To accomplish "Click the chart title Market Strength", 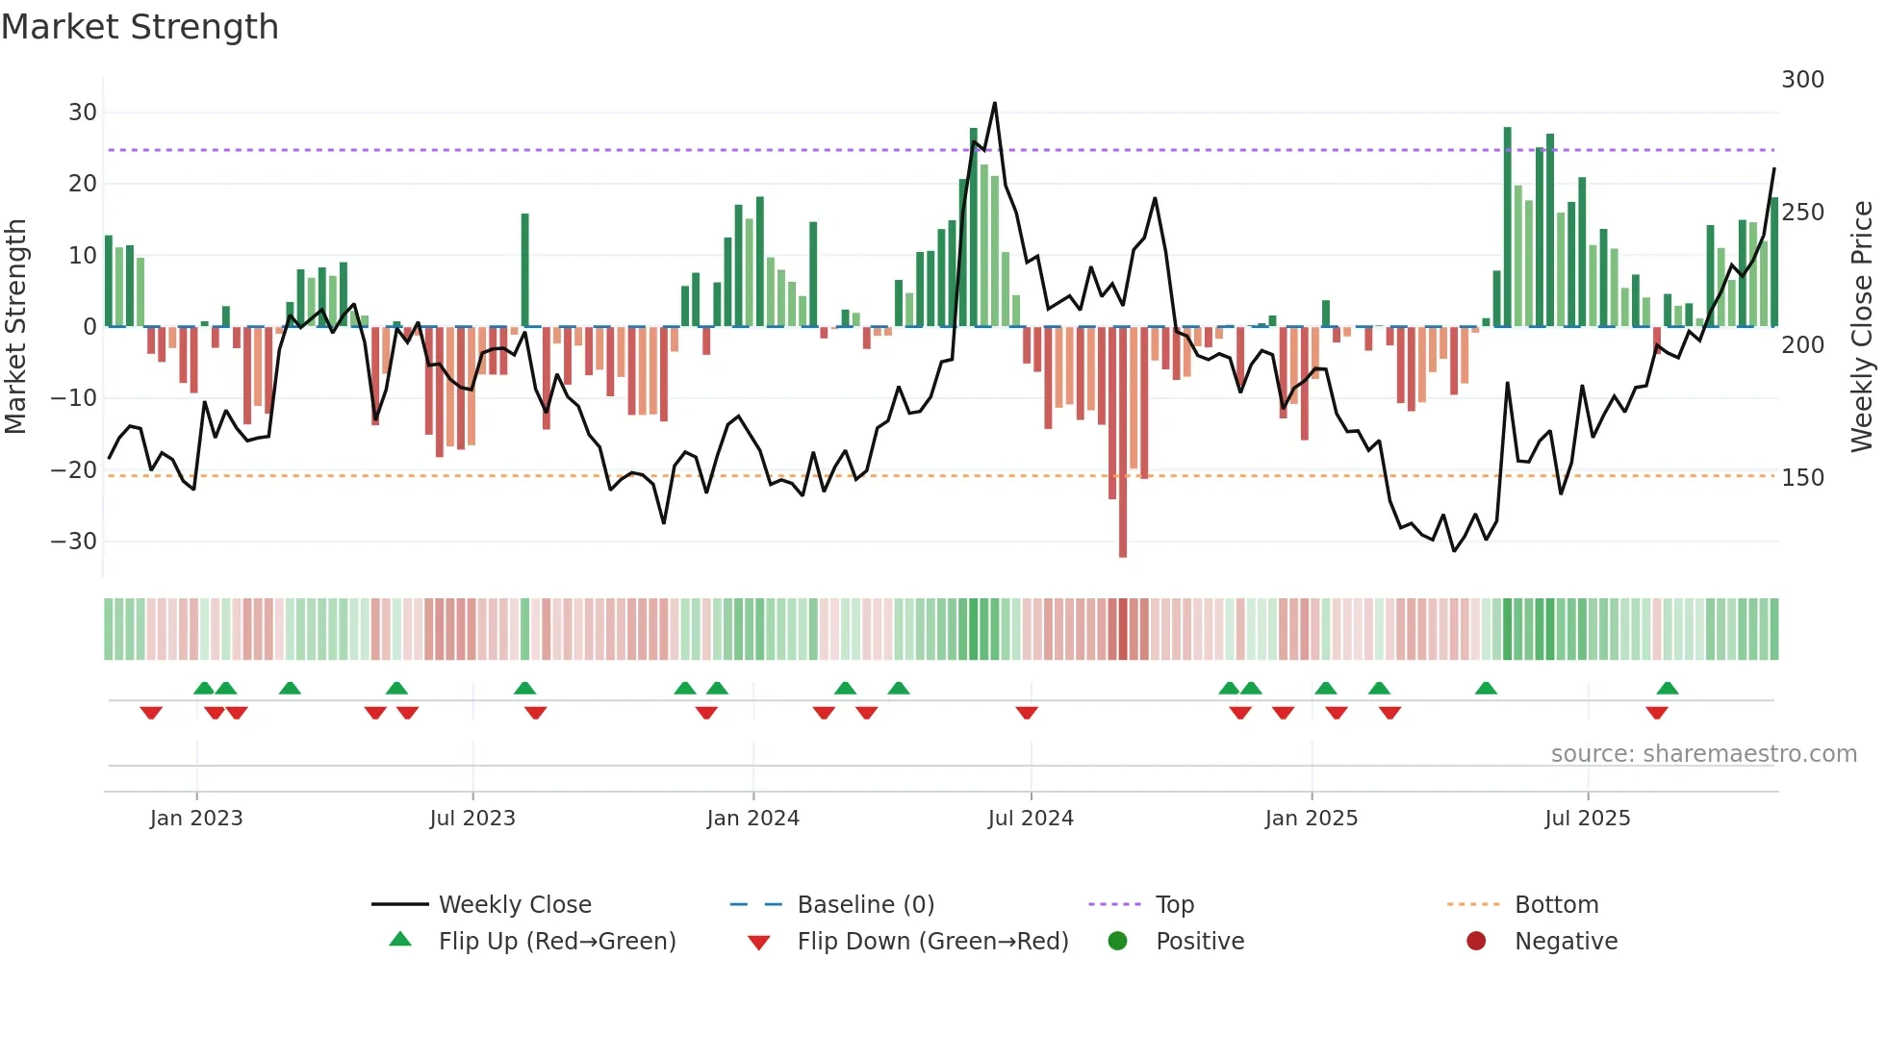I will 140,27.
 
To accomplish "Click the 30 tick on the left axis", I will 82,112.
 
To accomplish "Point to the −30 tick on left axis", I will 74,541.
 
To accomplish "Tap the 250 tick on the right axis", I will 1802,212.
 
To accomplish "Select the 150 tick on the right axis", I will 1802,477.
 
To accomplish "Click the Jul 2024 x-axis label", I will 1031,818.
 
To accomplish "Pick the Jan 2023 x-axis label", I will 196,818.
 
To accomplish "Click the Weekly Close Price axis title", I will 1862,327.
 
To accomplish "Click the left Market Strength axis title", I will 15,327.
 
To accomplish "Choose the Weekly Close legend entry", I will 514,904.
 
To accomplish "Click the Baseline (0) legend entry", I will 865,904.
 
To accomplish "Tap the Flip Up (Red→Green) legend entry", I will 556,941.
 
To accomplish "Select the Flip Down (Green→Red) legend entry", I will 932,941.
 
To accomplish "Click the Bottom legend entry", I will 1556,904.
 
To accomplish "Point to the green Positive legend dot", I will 1117,941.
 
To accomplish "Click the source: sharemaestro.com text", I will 1703,753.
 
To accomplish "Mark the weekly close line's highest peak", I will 995,103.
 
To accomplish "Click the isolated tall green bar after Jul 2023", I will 525,269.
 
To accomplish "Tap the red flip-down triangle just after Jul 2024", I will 1027,713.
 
